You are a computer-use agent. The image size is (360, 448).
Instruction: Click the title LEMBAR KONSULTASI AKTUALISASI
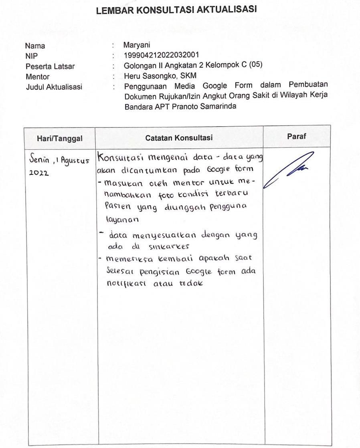176,10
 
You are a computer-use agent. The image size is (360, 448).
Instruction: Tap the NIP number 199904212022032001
161,55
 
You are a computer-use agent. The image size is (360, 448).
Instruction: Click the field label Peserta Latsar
50,67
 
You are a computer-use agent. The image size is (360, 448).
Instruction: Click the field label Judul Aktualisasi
54,87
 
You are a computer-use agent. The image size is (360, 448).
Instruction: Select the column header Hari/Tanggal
60,138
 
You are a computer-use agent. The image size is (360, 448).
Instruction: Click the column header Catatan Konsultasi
179,138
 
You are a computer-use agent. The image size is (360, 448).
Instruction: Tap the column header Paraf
297,136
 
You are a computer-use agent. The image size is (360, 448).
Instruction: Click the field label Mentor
37,77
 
